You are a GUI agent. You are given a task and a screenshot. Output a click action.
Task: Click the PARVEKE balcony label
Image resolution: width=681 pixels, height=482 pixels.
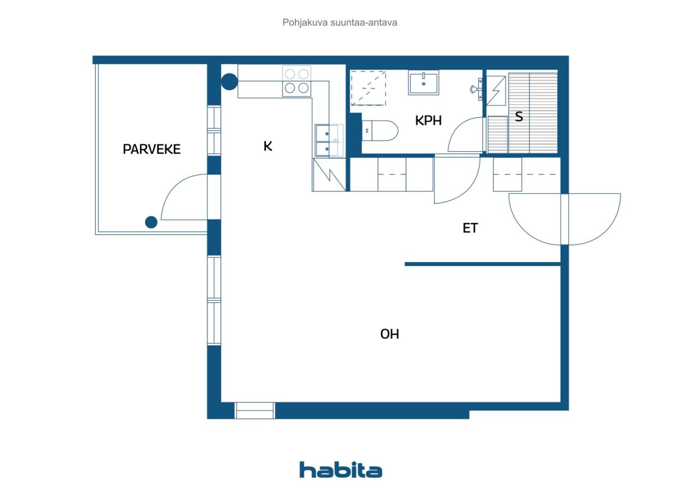(x=152, y=149)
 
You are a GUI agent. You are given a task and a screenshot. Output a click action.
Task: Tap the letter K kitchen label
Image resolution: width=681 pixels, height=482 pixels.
(x=268, y=146)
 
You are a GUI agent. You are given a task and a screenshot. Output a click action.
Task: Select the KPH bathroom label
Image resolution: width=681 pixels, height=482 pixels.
(x=428, y=121)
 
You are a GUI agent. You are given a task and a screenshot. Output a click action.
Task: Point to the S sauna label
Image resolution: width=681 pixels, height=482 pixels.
(x=519, y=117)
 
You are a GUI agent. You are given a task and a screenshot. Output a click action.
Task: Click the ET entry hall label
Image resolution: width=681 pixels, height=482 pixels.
(x=470, y=228)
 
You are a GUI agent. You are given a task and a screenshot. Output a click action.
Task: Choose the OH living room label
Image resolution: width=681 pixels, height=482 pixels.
(x=389, y=334)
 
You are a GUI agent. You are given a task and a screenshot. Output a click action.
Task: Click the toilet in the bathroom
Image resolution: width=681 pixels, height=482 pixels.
(x=380, y=130)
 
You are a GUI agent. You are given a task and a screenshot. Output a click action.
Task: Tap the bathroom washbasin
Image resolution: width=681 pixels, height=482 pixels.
(x=423, y=83)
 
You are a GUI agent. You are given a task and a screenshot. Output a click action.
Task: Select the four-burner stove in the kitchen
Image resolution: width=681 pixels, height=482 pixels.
(x=296, y=81)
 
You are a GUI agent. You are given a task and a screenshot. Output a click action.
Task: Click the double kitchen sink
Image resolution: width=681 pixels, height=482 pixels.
(x=327, y=140)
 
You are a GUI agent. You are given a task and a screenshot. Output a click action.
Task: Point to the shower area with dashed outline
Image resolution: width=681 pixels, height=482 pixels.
(x=368, y=88)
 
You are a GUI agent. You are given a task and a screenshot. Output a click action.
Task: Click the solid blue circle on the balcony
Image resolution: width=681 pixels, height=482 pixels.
(x=152, y=222)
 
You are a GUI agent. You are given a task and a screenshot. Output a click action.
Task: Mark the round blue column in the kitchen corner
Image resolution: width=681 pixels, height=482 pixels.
(x=229, y=81)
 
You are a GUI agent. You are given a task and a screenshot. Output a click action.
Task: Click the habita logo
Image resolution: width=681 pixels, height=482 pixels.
(x=340, y=470)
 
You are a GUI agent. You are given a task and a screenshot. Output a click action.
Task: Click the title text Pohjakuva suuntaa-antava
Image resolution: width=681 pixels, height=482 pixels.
(x=340, y=22)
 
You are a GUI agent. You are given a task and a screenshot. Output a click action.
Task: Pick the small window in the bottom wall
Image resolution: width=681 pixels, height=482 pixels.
(x=255, y=411)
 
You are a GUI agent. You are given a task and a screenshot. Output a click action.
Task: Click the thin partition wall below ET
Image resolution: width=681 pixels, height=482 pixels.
(x=483, y=264)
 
